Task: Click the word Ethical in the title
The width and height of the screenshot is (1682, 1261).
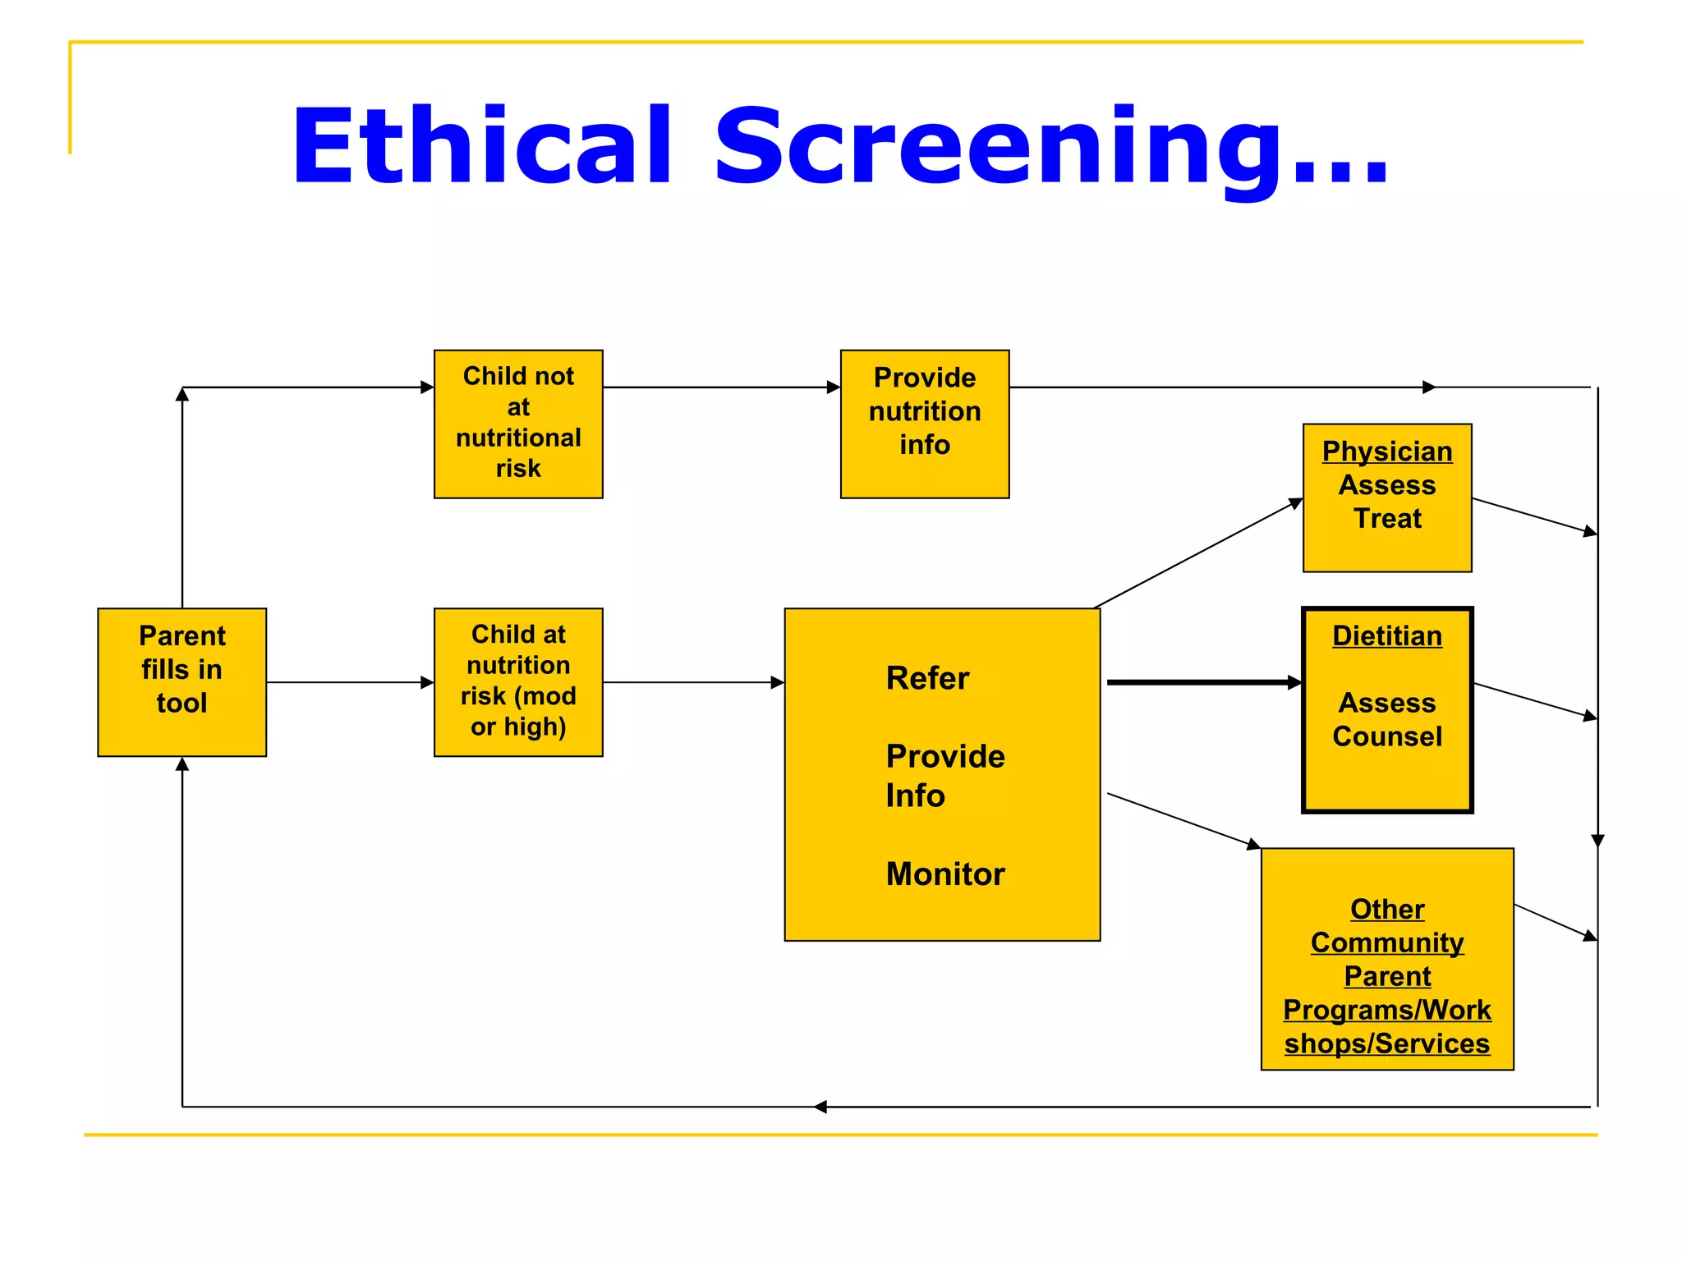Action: tap(483, 146)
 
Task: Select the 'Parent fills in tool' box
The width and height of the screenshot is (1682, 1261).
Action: tap(182, 681)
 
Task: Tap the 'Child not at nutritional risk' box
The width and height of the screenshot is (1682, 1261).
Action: tap(518, 424)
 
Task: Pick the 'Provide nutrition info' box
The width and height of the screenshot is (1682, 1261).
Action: tap(924, 424)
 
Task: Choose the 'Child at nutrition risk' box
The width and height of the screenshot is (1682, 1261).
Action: tap(518, 681)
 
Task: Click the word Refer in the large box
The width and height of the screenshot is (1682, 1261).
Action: tap(927, 679)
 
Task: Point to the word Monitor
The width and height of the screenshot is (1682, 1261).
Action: tap(944, 874)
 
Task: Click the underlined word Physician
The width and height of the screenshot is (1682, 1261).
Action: tap(1386, 452)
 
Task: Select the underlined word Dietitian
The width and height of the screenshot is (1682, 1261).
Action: tap(1386, 636)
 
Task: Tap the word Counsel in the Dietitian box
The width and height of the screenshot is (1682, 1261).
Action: tap(1386, 736)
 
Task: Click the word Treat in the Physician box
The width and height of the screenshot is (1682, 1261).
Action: tap(1386, 519)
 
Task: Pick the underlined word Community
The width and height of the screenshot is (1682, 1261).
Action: tap(1386, 942)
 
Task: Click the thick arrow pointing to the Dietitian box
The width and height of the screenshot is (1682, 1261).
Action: tap(1203, 682)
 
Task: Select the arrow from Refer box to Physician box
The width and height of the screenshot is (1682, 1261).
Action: tap(1199, 553)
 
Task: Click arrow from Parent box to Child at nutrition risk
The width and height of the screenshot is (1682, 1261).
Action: tap(350, 682)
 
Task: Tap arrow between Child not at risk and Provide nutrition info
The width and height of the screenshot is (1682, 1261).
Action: tap(721, 387)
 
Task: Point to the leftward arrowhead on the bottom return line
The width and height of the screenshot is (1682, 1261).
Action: tap(820, 1107)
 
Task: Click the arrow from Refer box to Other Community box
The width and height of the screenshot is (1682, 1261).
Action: tap(1183, 820)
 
